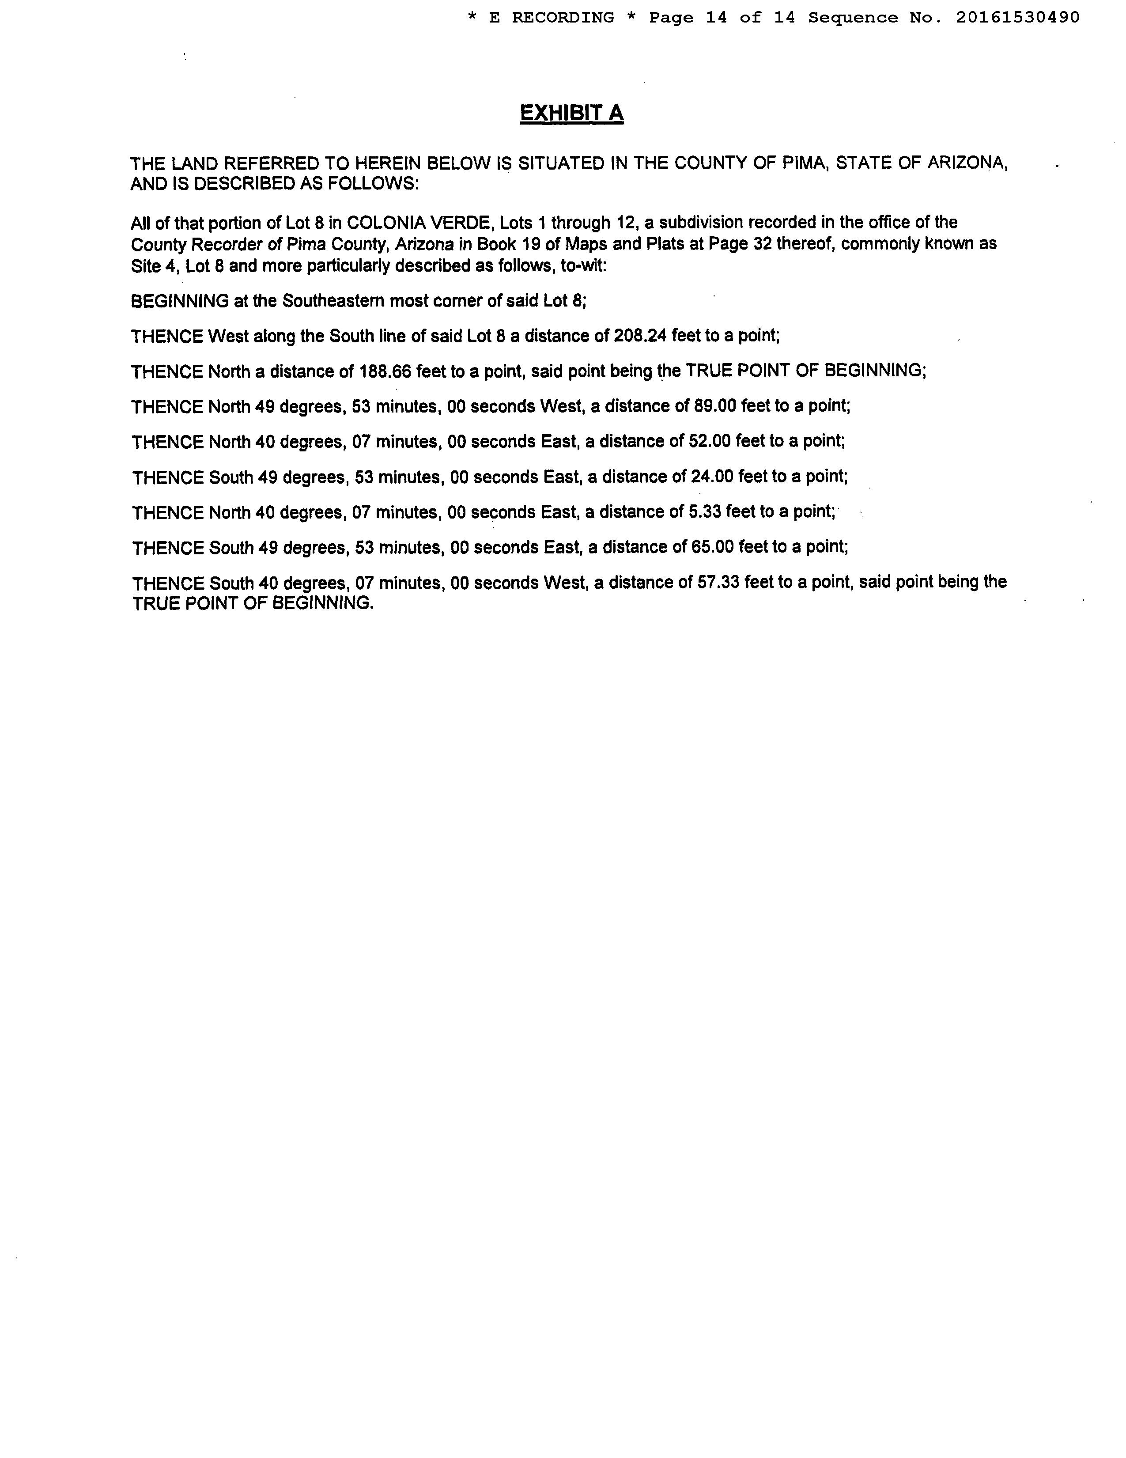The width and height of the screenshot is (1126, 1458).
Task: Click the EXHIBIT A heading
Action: (x=571, y=114)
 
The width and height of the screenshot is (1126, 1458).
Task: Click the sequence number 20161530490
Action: (x=1017, y=17)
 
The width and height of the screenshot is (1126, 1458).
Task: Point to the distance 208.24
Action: (x=640, y=336)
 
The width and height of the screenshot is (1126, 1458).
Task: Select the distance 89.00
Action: (x=713, y=406)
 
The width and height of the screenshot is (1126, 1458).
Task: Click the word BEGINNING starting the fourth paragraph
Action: (x=180, y=301)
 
